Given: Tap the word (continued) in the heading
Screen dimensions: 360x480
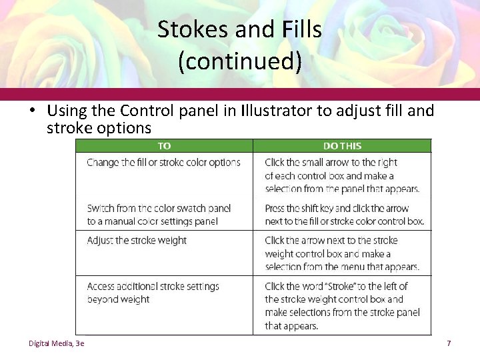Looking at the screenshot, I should pos(240,61).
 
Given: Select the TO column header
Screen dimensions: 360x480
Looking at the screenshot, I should pos(164,145).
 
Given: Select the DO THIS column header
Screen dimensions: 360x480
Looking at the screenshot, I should pos(342,145).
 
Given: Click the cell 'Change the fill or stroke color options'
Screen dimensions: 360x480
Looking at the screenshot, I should pos(163,162).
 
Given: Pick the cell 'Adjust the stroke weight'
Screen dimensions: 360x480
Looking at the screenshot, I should pos(137,241).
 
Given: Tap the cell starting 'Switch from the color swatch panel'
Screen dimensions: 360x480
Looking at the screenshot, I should pos(159,215).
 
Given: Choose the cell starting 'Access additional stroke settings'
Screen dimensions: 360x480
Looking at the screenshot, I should pos(153,293).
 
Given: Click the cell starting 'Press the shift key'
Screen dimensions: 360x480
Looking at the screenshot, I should pos(343,215).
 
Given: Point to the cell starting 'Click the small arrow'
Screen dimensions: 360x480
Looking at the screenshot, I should pos(341,175).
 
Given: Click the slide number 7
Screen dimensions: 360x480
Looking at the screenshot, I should pos(449,343).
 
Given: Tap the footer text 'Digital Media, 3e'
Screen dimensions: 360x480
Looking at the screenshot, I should pos(57,343).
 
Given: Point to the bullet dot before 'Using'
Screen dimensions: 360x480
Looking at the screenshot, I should pos(32,111).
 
